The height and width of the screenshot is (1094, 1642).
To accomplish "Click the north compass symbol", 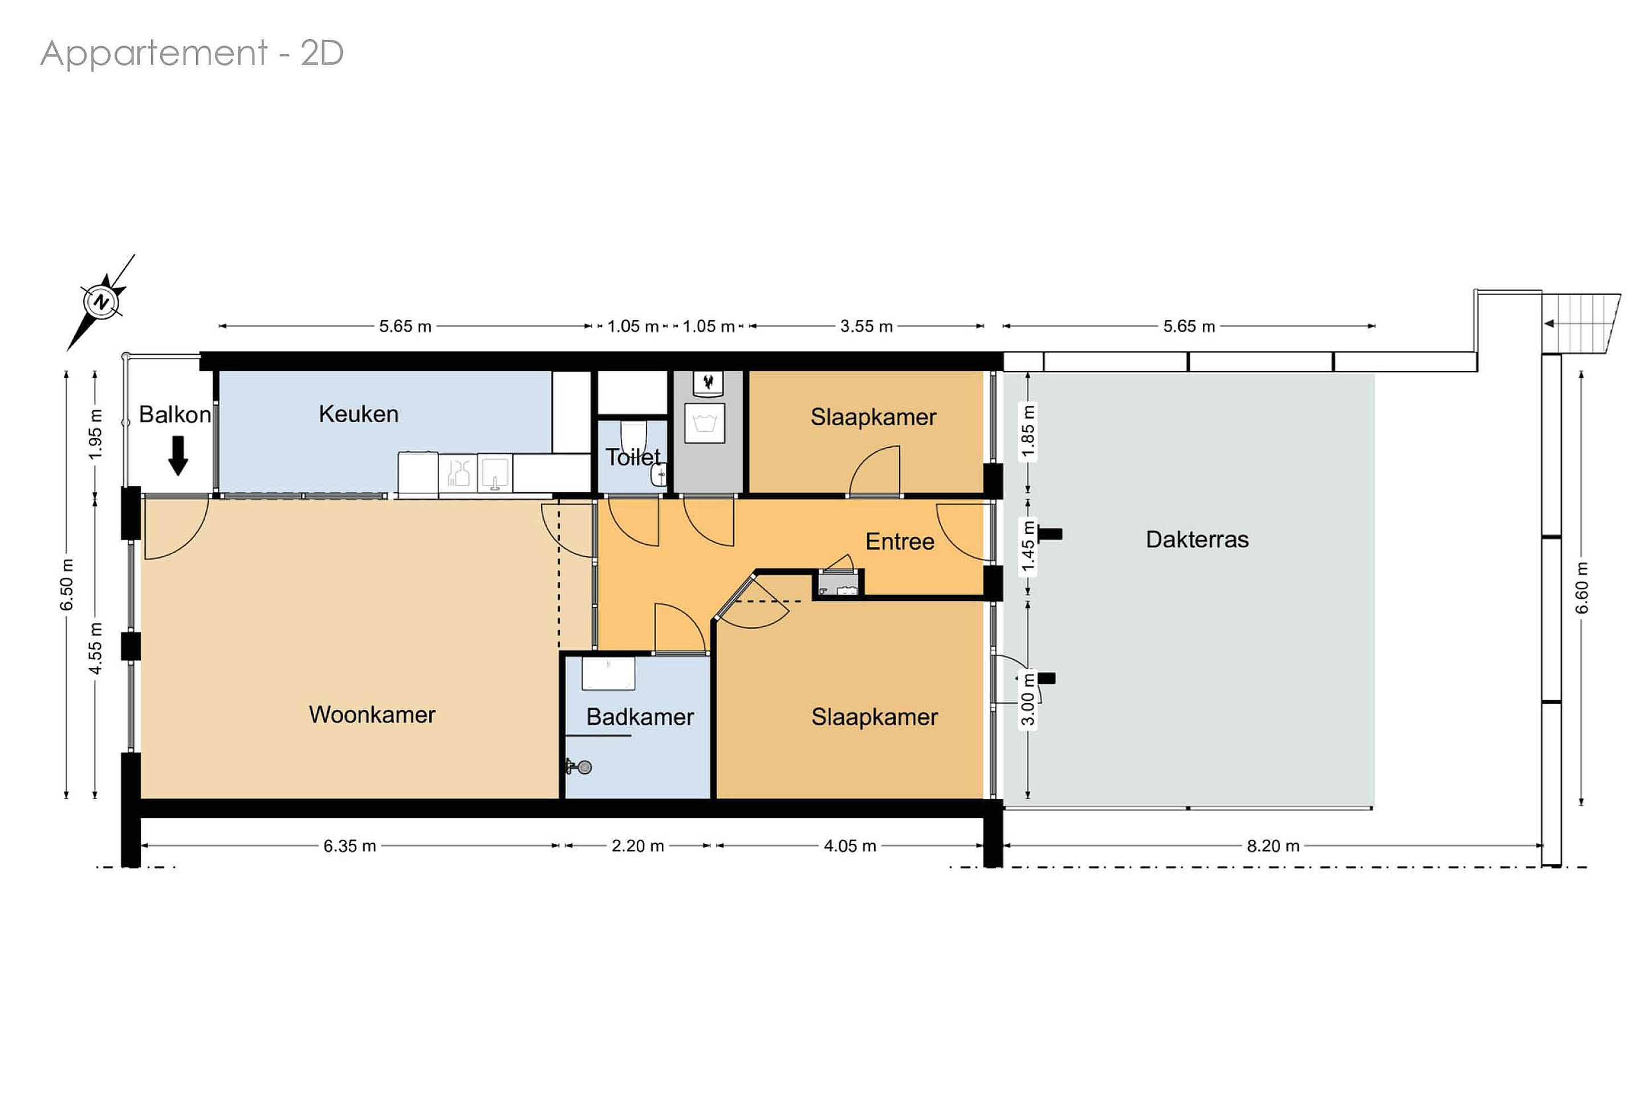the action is tap(102, 302).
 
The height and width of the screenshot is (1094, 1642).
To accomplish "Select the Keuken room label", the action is tap(359, 414).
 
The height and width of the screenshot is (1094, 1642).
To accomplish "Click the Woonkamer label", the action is tap(372, 715).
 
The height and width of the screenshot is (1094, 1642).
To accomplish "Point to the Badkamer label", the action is tap(640, 717).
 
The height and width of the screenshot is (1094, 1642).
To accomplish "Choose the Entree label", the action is tap(900, 541).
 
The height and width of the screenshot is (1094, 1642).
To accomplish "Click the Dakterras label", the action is tap(1197, 540).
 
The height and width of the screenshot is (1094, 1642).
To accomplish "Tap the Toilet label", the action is tap(632, 457).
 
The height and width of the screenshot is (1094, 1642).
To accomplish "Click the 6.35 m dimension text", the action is tap(349, 846).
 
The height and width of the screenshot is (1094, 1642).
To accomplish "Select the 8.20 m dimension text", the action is tap(1273, 846).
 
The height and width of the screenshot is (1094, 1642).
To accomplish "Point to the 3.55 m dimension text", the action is tap(867, 326).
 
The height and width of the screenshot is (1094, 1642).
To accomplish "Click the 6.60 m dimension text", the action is tap(1582, 588).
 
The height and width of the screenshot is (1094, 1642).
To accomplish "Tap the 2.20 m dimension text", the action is tap(638, 846).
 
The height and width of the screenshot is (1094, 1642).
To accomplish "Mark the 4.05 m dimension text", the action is tap(850, 846).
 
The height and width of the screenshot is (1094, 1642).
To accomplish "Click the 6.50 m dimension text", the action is tap(66, 585).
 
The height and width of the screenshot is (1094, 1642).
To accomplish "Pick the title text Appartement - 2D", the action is tap(192, 53).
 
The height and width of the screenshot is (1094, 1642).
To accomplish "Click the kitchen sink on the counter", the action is tap(495, 473).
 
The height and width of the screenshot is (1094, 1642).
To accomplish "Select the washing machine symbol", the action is tap(705, 423).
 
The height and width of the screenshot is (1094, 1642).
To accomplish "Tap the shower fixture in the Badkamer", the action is tap(579, 768).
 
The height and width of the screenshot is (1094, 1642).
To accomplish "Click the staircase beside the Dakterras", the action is tap(1581, 324).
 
